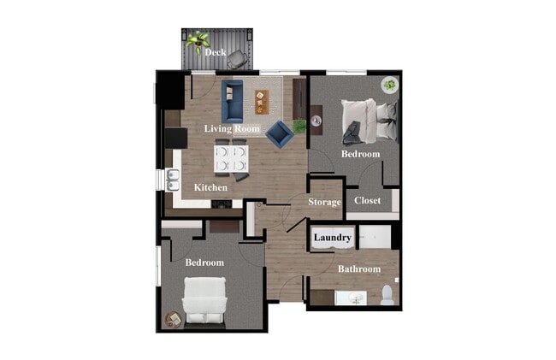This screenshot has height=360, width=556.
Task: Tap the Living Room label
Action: (x=231, y=128)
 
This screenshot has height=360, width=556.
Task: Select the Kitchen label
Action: (x=210, y=187)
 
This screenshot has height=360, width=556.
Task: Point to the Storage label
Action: (x=325, y=202)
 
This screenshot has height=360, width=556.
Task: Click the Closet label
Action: (x=367, y=201)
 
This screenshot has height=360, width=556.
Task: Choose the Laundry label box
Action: (x=333, y=238)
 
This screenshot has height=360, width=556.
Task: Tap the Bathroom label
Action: (x=358, y=269)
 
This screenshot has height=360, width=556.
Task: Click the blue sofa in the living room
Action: (x=232, y=101)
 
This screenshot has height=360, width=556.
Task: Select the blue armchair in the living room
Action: (x=278, y=133)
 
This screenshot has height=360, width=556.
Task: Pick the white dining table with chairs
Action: (x=231, y=157)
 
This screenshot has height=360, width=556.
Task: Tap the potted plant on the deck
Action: (x=199, y=39)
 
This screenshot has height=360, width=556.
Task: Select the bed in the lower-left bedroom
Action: (x=204, y=300)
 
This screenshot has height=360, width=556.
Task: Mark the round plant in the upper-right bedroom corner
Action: (x=389, y=85)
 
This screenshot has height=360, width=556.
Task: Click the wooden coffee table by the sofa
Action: (x=261, y=102)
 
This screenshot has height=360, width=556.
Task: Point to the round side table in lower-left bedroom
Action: (x=173, y=319)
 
